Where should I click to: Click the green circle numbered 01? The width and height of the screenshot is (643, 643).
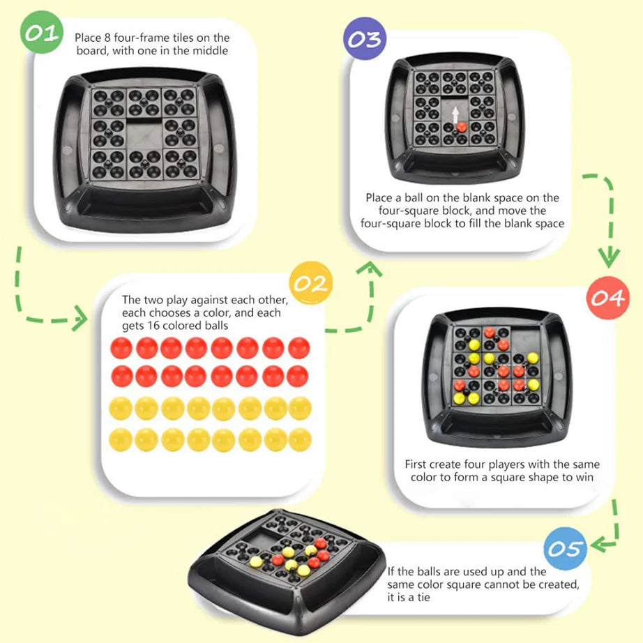(42, 32)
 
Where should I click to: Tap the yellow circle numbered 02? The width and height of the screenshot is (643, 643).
(310, 284)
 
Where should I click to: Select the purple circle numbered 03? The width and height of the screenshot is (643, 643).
(364, 38)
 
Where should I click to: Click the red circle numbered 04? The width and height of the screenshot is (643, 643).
(606, 298)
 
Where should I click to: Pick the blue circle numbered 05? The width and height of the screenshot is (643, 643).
(563, 549)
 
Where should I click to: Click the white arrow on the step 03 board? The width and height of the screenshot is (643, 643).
(455, 114)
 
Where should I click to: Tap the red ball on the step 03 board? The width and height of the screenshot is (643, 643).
(461, 127)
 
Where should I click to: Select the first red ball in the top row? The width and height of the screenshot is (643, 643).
(121, 347)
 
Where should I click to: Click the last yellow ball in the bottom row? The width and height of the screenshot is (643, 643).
(299, 439)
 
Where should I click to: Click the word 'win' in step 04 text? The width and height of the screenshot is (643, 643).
(584, 477)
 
